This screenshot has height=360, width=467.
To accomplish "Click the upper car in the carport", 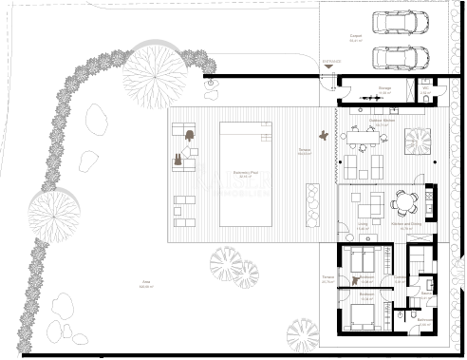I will pyautogui.click(x=399, y=22).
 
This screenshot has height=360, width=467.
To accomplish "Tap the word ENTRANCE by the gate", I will pyautogui.click(x=330, y=62).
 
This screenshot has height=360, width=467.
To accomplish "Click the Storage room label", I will pyautogui.click(x=384, y=89).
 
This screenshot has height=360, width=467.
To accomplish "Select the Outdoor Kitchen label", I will pyautogui.click(x=383, y=122).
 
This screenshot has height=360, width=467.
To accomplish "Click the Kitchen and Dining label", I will pyautogui.click(x=407, y=226).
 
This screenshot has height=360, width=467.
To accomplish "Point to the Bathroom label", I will pyautogui.click(x=424, y=320).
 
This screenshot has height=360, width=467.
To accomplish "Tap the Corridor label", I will pyautogui.click(x=401, y=277).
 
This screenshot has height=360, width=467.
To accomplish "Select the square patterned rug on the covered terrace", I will pyautogui.click(x=418, y=141).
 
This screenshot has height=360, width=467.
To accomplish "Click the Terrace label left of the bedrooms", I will pyautogui.click(x=327, y=279).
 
